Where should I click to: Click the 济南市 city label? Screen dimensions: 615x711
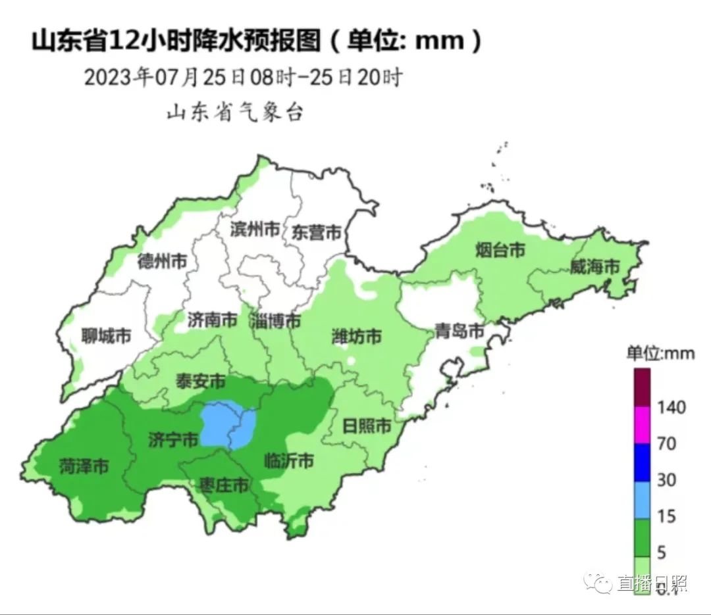pyautogui.click(x=212, y=320)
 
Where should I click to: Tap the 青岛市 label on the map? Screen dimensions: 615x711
pyautogui.click(x=460, y=331)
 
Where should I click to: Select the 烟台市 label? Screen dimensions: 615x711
pyautogui.click(x=500, y=251)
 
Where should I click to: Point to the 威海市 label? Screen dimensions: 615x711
pyautogui.click(x=595, y=267)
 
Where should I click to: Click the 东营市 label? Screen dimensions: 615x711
pyautogui.click(x=317, y=232)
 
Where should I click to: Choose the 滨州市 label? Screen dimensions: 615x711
pyautogui.click(x=255, y=230)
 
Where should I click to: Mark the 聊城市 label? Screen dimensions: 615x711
pyautogui.click(x=106, y=337)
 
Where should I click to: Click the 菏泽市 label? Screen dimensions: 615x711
pyautogui.click(x=84, y=467)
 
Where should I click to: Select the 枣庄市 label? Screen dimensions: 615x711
pyautogui.click(x=224, y=486)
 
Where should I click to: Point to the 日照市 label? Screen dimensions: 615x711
pyautogui.click(x=367, y=426)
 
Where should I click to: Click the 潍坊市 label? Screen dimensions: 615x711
pyautogui.click(x=356, y=337)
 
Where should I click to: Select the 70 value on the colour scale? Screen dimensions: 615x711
pyautogui.click(x=667, y=444)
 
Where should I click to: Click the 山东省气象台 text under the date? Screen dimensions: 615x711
pyautogui.click(x=234, y=112)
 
